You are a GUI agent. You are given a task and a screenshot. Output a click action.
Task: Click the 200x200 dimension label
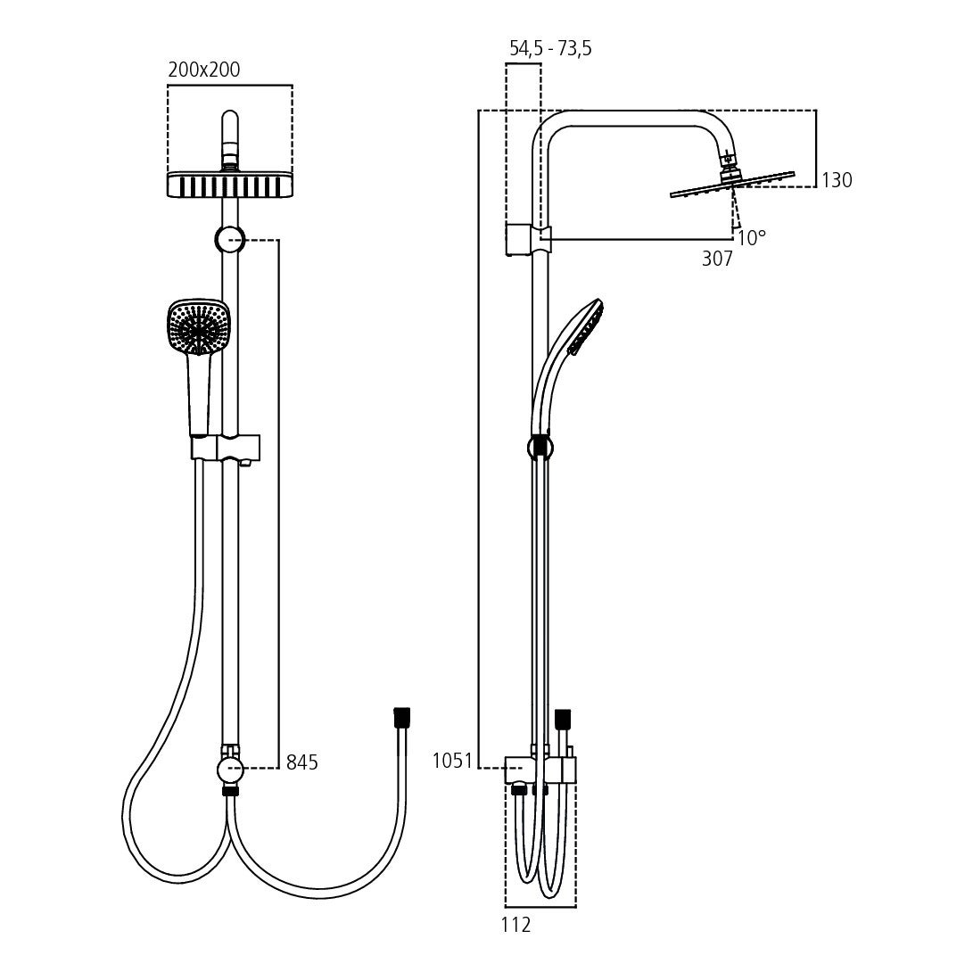click(204, 70)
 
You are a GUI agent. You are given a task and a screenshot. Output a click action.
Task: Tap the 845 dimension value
click(301, 762)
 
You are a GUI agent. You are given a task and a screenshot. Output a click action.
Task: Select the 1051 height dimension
click(452, 761)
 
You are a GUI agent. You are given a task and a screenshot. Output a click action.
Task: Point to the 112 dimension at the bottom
click(516, 925)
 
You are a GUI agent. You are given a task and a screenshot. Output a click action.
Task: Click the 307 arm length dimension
click(716, 259)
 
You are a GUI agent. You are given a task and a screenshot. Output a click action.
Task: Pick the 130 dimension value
click(837, 180)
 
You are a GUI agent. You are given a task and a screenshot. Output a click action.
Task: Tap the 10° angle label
click(752, 238)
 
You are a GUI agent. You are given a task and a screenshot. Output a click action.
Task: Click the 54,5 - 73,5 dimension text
click(550, 49)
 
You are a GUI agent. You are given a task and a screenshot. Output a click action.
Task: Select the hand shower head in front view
click(199, 327)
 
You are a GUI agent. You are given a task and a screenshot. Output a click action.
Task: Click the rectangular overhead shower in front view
click(229, 184)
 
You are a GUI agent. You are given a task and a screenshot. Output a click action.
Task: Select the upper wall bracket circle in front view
click(229, 239)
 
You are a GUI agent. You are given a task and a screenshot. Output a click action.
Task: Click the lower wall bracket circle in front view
click(229, 768)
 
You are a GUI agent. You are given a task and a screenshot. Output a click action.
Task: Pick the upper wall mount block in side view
click(518, 240)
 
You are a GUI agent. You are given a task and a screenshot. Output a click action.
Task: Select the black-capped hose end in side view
click(562, 718)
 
